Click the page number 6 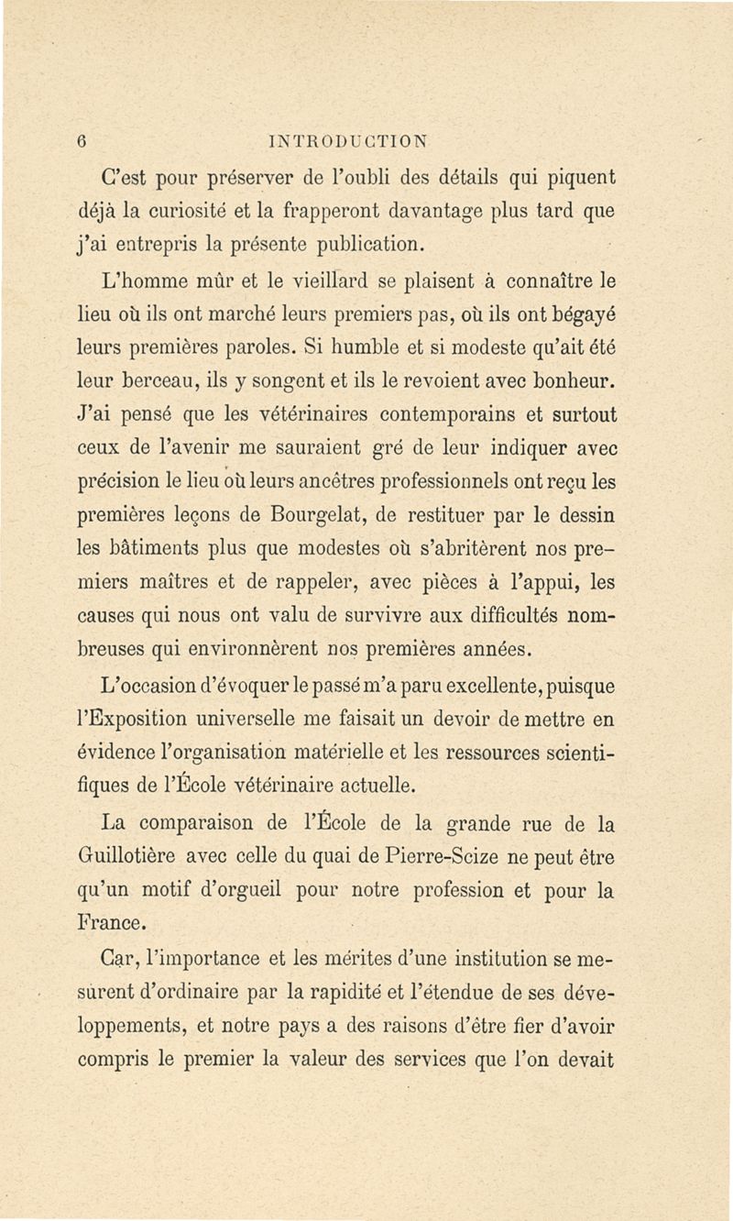pos(82,140)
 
